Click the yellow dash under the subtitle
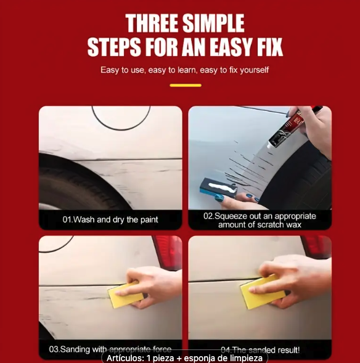pyautogui.click(x=185, y=85)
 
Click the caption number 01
pyautogui.click(x=68, y=219)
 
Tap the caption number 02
pyautogui.click(x=210, y=216)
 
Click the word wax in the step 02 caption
pyautogui.click(x=293, y=225)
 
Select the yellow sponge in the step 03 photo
pyautogui.click(x=126, y=295)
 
